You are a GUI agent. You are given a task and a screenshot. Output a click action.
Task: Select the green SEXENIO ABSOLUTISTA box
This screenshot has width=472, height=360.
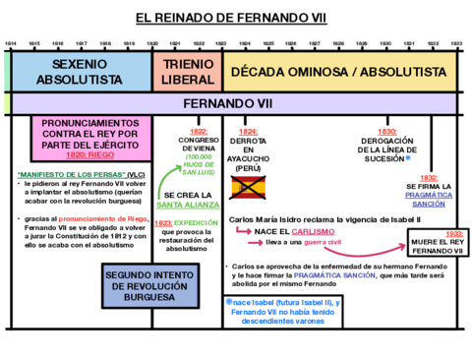click(79, 70)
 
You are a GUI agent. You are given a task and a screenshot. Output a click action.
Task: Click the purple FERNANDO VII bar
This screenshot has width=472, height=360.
click(236, 103)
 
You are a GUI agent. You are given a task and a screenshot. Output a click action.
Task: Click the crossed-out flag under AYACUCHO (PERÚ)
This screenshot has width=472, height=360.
click(248, 188)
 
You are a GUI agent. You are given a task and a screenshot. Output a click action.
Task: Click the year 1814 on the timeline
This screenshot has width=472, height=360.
click(11, 44)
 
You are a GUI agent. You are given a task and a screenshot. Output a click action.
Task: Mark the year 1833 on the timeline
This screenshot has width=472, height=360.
click(456, 44)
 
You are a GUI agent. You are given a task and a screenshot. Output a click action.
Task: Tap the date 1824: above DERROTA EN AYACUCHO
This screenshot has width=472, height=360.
click(248, 131)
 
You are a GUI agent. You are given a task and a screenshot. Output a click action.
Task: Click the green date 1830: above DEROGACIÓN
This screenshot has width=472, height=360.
click(386, 131)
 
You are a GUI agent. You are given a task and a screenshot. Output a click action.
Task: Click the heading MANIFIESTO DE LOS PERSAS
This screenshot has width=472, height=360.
click(65, 174)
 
